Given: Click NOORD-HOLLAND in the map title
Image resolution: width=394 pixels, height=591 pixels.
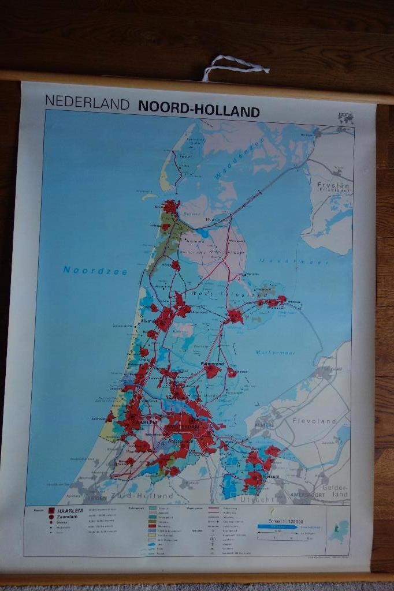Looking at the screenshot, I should point(199,111).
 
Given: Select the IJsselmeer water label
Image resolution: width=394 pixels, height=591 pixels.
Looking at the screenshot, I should point(278,261).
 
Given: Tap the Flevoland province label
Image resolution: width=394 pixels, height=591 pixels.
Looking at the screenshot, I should point(314,421).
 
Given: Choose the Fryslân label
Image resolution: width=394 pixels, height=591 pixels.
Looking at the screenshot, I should point(333,186).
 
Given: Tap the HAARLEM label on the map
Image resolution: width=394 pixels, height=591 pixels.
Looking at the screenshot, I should point(145,422).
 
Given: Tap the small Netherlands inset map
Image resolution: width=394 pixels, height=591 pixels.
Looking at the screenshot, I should point(339,531).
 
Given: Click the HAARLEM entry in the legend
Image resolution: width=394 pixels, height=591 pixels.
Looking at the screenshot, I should point(70,511).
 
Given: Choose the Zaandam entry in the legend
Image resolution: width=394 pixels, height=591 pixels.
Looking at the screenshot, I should point(67,518).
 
